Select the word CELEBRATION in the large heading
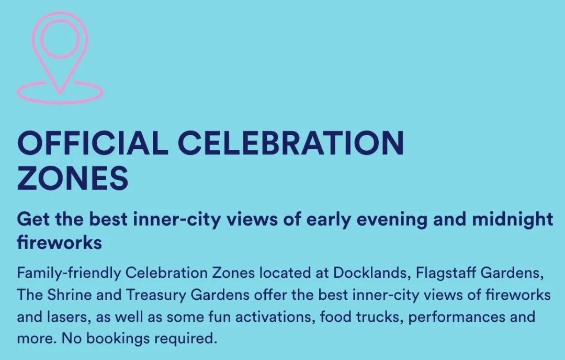[x=291, y=143]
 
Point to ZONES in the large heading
[x=72, y=178]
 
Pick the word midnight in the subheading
[x=512, y=220]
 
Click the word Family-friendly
[x=69, y=273]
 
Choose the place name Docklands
[x=371, y=273]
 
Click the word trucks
[x=380, y=317]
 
